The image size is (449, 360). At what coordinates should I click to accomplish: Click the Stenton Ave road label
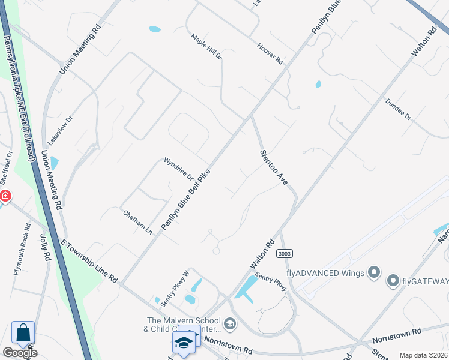(274, 167)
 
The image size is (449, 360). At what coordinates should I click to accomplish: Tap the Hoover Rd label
(270, 53)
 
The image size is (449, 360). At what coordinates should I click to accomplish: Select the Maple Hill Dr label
(206, 46)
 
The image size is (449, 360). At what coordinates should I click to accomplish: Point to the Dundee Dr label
(398, 109)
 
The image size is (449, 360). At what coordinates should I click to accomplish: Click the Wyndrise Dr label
(179, 169)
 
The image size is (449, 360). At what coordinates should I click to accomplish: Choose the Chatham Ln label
(137, 222)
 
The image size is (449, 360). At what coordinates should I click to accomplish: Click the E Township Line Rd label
(89, 260)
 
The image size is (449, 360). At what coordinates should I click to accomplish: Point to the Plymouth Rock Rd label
(22, 249)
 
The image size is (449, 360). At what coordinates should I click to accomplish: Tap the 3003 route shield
(285, 254)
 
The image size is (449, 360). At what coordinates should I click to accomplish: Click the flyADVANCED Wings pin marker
(374, 274)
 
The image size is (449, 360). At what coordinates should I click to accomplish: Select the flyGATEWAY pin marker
(393, 280)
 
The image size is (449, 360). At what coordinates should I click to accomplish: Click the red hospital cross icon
(5, 196)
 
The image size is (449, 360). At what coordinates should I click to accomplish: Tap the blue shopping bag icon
(23, 332)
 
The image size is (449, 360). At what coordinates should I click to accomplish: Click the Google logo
(19, 353)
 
